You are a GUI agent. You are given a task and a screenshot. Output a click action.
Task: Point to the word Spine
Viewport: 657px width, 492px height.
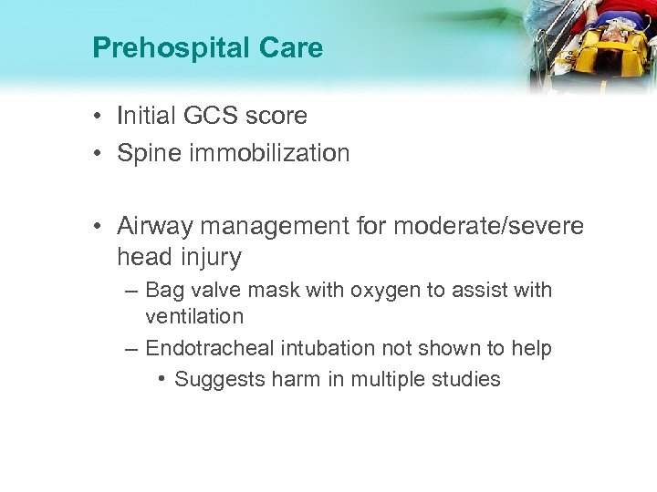(x=148, y=153)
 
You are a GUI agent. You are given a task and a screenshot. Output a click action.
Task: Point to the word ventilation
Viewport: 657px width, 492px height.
(x=194, y=317)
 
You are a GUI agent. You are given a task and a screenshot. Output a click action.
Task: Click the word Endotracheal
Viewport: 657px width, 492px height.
(x=207, y=348)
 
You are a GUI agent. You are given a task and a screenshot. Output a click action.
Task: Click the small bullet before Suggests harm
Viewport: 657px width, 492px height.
(x=161, y=379)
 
